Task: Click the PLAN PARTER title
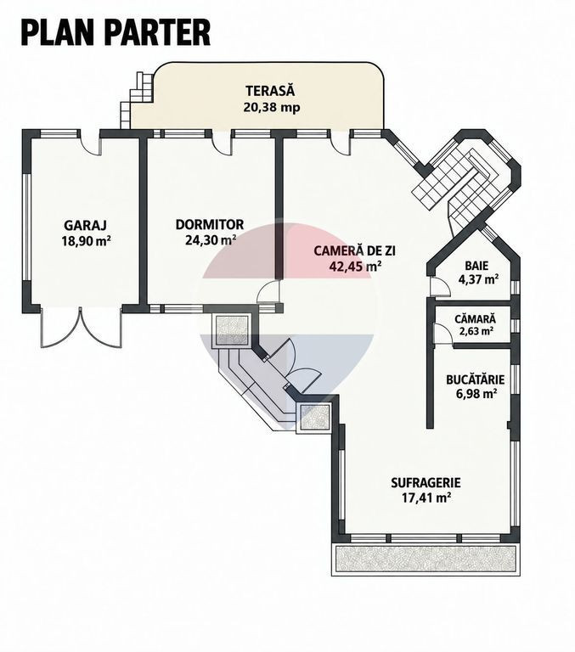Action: pyautogui.click(x=116, y=32)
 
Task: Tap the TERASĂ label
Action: pyautogui.click(x=270, y=91)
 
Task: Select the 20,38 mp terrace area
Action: pyautogui.click(x=272, y=107)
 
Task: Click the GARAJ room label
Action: pyautogui.click(x=85, y=225)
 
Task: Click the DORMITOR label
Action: pyautogui.click(x=209, y=224)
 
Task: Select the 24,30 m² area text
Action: pyautogui.click(x=211, y=240)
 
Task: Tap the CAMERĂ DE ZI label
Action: pyautogui.click(x=354, y=250)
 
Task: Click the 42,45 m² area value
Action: pyautogui.click(x=356, y=266)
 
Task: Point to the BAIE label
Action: pyautogui.click(x=476, y=265)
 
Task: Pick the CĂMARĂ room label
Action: pyautogui.click(x=475, y=319)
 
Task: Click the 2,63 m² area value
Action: pyautogui.click(x=476, y=331)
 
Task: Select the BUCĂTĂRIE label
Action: pyautogui.click(x=475, y=379)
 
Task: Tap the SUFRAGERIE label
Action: pyautogui.click(x=426, y=483)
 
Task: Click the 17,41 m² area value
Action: pyautogui.click(x=426, y=497)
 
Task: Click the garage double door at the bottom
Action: pyautogui.click(x=82, y=328)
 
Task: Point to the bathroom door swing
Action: pyautogui.click(x=440, y=286)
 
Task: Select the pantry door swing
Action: pyautogui.click(x=443, y=333)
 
